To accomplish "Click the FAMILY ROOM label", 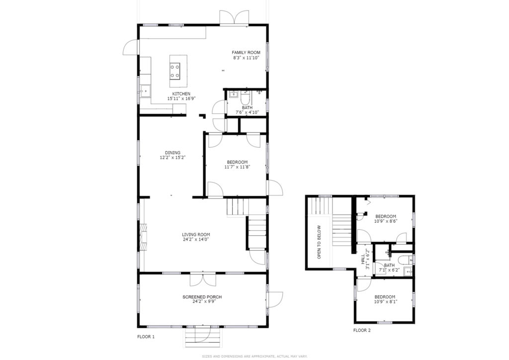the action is [x=246, y=53].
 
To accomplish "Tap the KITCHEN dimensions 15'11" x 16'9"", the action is [x=181, y=98].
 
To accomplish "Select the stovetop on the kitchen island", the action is [x=175, y=71].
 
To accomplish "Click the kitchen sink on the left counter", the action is [x=146, y=91].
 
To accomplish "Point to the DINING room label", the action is [x=172, y=153].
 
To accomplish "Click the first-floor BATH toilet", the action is [x=245, y=98].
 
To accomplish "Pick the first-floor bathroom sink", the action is [x=234, y=94].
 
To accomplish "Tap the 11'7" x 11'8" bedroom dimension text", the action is [x=237, y=167].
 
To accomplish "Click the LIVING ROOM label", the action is [x=196, y=235].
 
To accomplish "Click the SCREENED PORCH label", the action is [x=202, y=297].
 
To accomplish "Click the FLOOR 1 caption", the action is [x=146, y=337].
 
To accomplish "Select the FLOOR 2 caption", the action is [x=362, y=331].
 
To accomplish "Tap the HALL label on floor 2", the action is [x=362, y=259].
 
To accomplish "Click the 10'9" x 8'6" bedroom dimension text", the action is [x=386, y=221].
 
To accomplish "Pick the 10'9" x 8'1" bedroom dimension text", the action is [x=385, y=301].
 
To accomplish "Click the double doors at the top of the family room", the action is [x=235, y=17].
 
